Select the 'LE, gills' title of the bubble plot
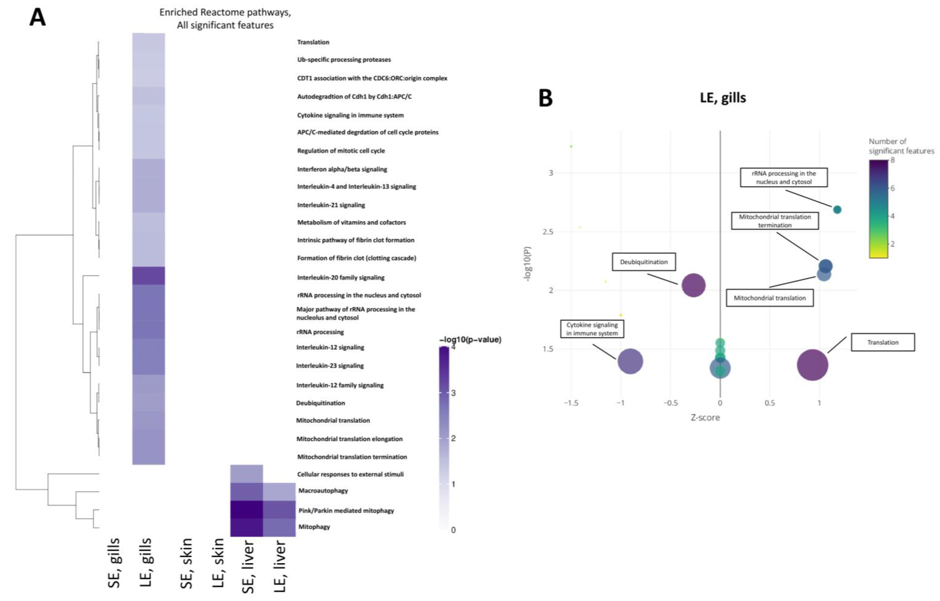pyautogui.click(x=723, y=98)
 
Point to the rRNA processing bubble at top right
pyautogui.click(x=837, y=210)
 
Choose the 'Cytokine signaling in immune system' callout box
pyautogui.click(x=592, y=329)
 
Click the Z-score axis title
pyautogui.click(x=705, y=418)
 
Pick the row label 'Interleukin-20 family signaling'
pyautogui.click(x=341, y=278)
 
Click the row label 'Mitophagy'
pyautogui.click(x=314, y=527)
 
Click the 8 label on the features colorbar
pyautogui.click(x=892, y=160)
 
